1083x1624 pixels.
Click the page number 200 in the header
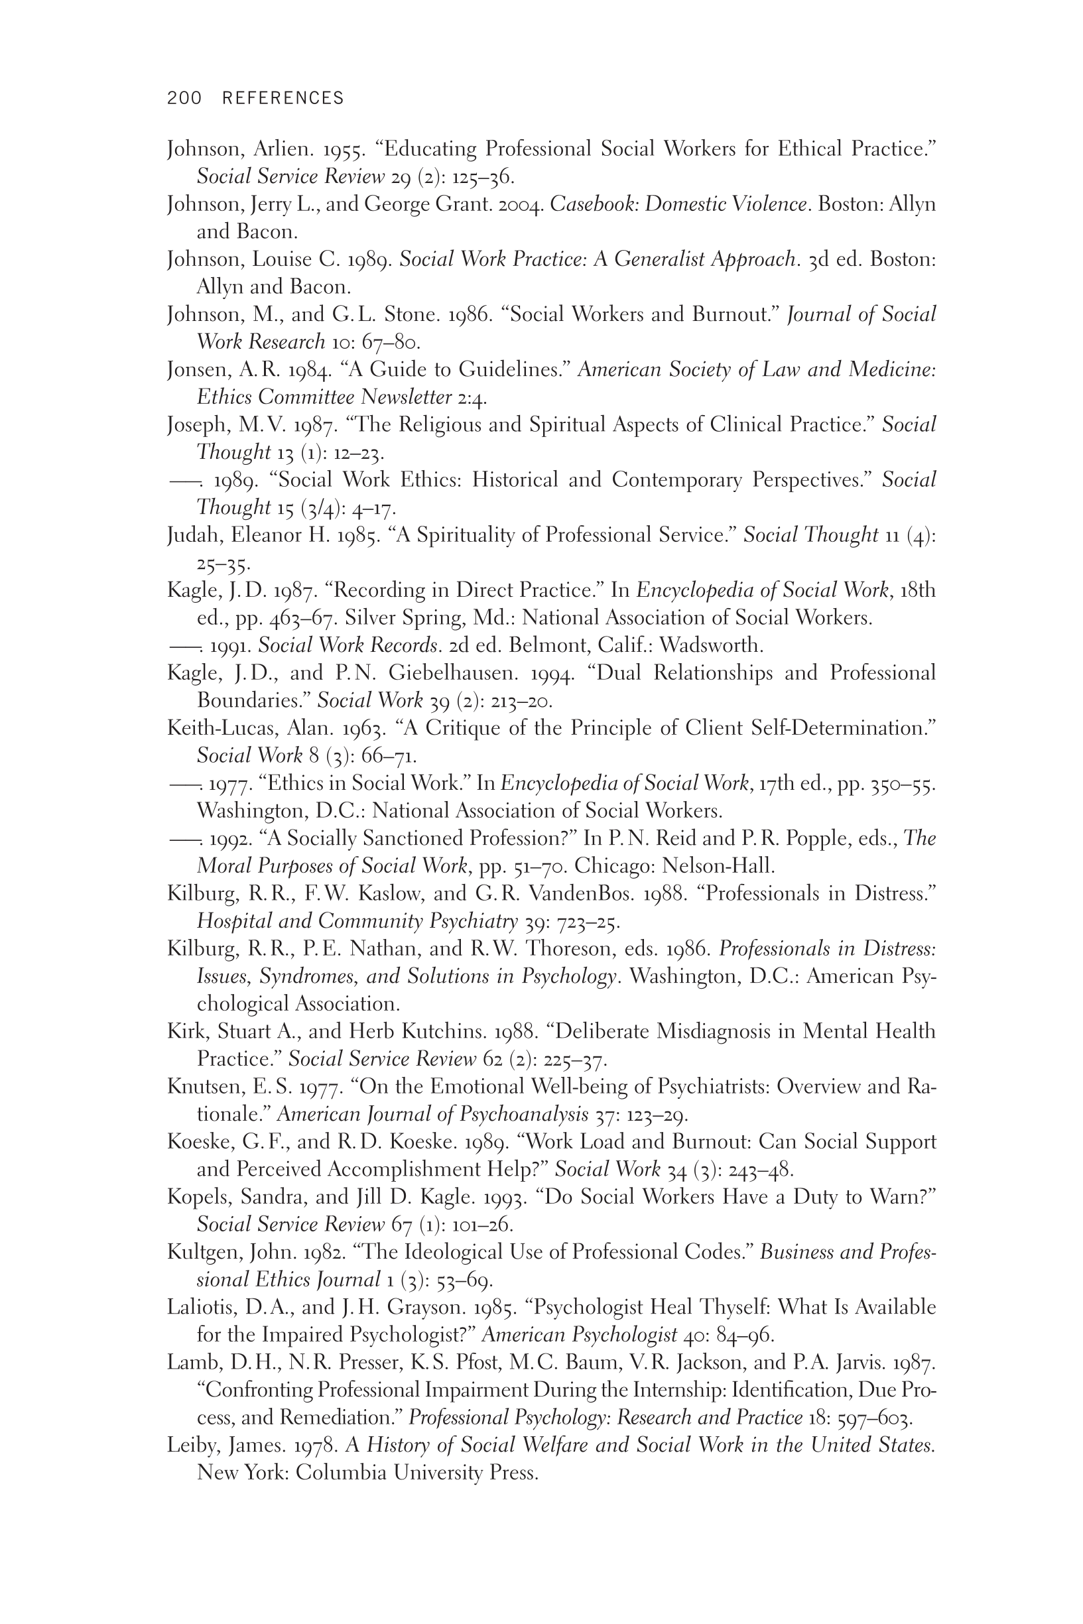[x=184, y=98]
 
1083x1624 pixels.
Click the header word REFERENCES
[x=283, y=98]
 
